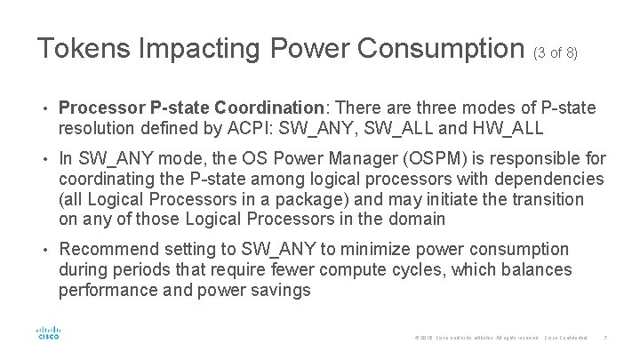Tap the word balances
537,269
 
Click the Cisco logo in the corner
47,332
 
